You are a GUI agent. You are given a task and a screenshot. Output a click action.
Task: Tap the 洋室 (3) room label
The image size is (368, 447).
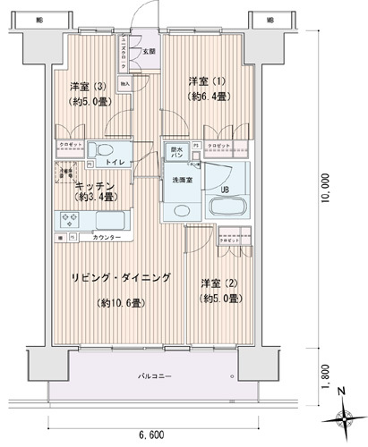tap(91, 87)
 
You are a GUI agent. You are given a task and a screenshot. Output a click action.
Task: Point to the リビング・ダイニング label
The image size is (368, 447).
tap(122, 278)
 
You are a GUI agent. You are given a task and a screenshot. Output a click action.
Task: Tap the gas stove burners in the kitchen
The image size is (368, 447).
tap(68, 218)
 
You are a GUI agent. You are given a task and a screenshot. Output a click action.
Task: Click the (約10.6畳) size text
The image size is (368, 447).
tap(120, 302)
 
